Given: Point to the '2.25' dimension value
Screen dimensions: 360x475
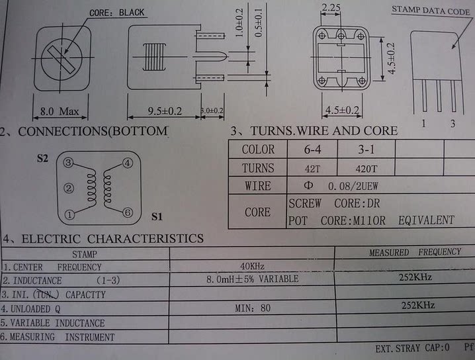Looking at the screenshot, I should pyautogui.click(x=331, y=8).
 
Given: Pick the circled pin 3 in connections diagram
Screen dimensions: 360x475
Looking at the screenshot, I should pyautogui.click(x=68, y=163).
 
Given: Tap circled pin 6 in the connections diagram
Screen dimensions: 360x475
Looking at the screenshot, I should pyautogui.click(x=128, y=212).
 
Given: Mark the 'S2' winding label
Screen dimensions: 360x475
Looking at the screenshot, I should pyautogui.click(x=42, y=159).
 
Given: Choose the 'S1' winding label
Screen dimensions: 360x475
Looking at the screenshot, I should pyautogui.click(x=156, y=216).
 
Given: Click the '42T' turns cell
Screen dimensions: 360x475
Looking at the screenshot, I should pyautogui.click(x=312, y=167).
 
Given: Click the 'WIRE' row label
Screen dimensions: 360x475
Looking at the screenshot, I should pyautogui.click(x=257, y=186).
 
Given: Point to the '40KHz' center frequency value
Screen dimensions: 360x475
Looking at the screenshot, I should pyautogui.click(x=253, y=266).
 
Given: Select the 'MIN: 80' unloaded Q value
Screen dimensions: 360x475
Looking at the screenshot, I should pyautogui.click(x=253, y=308).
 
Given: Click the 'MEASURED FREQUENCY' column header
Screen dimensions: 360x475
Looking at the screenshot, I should pyautogui.click(x=415, y=252).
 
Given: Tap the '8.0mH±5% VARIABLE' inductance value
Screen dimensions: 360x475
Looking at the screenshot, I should pyautogui.click(x=252, y=279).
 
